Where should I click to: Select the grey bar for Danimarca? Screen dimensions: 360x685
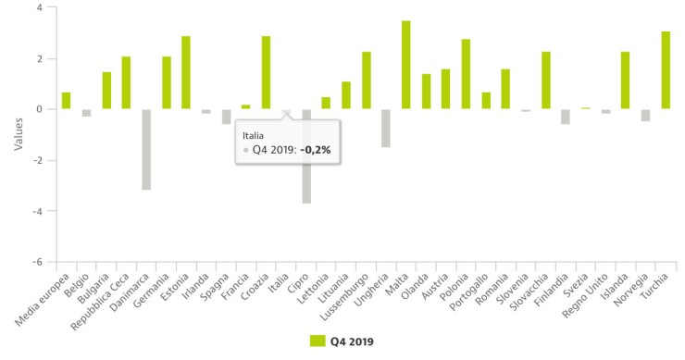146,149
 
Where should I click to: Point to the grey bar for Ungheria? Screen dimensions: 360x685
385,128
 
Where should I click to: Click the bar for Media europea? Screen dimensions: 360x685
66,101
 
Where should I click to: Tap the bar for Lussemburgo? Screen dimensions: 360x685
366,81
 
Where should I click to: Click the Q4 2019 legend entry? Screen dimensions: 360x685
342,341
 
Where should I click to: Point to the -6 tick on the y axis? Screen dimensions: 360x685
38,262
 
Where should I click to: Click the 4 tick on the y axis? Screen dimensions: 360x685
40,7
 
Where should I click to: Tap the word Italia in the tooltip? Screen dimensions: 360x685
254,134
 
